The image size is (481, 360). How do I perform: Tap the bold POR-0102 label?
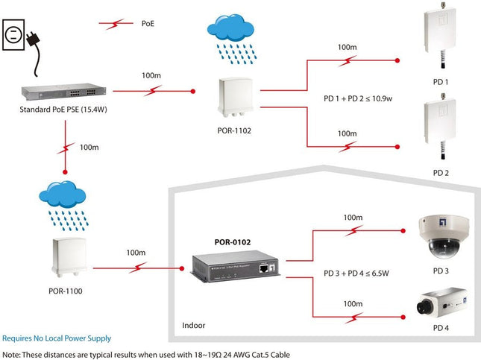[x=232, y=241]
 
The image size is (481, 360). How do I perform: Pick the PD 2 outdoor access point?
[x=440, y=122]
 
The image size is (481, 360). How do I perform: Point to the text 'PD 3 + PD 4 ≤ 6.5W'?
[x=356, y=274]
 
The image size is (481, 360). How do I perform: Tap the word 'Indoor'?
[x=195, y=326]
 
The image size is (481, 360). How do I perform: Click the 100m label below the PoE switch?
[x=89, y=148]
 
